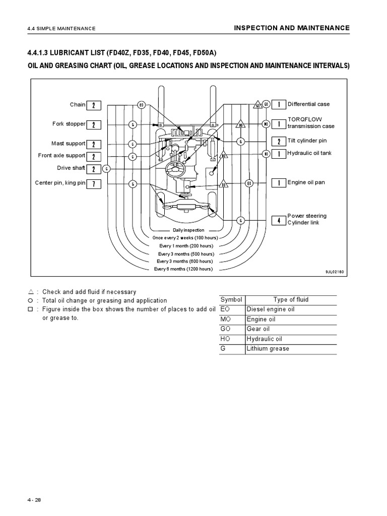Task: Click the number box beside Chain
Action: coord(94,105)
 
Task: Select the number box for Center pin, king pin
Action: coord(94,183)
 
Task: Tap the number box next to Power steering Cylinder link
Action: coord(279,220)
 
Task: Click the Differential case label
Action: coord(308,104)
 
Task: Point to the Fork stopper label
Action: coord(69,124)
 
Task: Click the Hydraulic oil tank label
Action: coord(309,153)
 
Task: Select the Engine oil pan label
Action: coord(306,183)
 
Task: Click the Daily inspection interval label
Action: coord(188,230)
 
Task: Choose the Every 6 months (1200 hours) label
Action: coord(183,269)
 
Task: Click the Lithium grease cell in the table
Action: coord(268,349)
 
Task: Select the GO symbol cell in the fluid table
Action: coord(225,329)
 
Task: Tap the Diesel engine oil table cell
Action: coord(270,309)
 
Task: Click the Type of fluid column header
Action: coord(291,300)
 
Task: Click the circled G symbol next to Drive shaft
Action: coord(107,168)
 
